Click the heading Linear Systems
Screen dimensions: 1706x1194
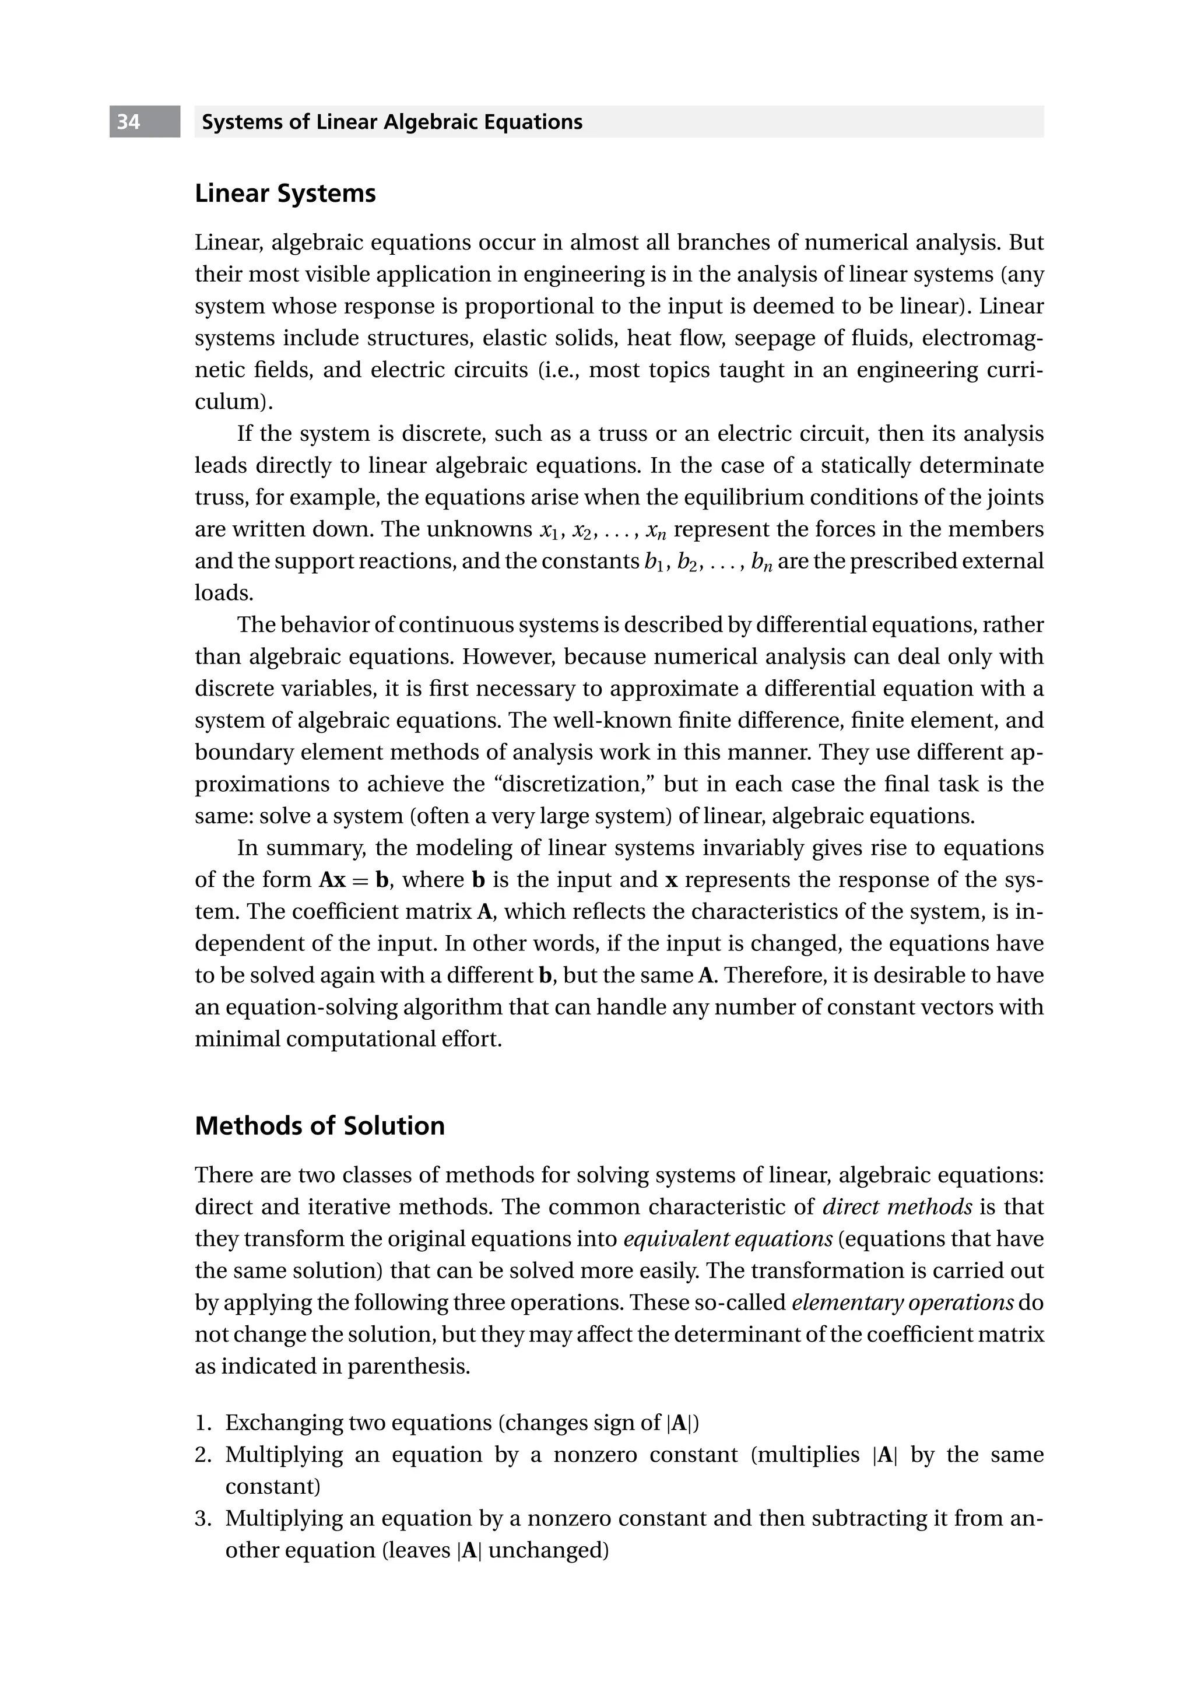click(x=285, y=194)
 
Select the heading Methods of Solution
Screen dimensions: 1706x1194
click(x=319, y=1126)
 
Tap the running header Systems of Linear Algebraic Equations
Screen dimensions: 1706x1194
click(x=392, y=122)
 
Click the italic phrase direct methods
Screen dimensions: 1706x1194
click(x=897, y=1207)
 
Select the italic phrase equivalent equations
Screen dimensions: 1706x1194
click(x=728, y=1238)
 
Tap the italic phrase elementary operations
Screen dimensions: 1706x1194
click(x=902, y=1303)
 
